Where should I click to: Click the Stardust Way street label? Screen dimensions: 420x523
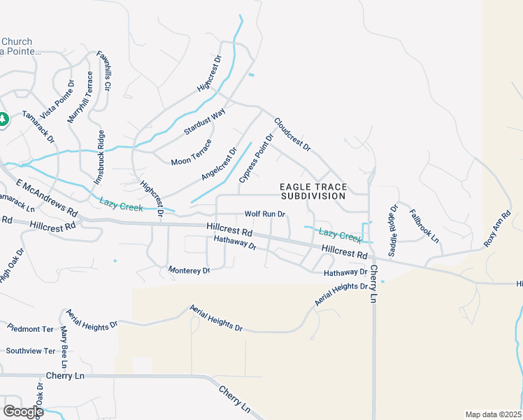coord(205,122)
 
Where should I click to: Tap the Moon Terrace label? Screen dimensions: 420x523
coord(191,152)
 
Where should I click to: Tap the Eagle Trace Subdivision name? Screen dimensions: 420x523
coord(313,191)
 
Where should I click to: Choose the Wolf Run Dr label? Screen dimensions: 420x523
coord(265,214)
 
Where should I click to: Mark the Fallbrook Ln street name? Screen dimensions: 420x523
coord(424,225)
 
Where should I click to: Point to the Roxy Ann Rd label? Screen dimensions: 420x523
coord(497,229)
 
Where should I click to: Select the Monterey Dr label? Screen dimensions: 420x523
coord(189,269)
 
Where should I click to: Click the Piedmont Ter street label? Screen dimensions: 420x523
coord(30,328)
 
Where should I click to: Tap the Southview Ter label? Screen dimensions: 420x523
coord(30,351)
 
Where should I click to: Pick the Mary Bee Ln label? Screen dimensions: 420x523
coord(64,346)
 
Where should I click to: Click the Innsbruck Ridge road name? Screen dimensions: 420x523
coord(99,157)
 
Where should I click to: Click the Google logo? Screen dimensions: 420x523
coord(23,412)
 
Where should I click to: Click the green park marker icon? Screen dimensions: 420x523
coord(3,119)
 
